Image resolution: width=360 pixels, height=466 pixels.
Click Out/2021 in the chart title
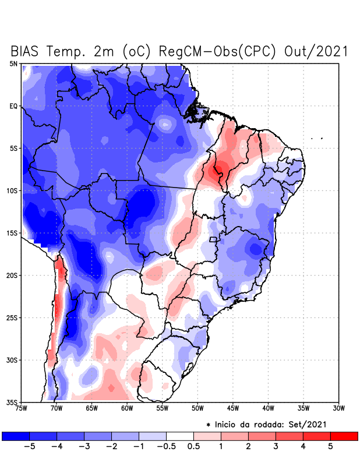click(316, 51)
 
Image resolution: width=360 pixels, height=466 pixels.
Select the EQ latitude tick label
click(13, 106)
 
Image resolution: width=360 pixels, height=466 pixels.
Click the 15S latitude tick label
click(12, 233)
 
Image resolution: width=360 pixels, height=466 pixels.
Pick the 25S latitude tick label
click(12, 317)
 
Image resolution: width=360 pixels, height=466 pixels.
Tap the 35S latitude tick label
click(12, 402)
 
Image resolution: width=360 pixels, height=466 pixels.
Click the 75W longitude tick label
click(21, 408)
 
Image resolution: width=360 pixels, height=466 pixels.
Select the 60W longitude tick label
click(127, 408)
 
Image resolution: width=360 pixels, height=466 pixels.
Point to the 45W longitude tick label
click(233, 408)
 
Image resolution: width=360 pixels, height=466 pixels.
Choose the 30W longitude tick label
click(338, 408)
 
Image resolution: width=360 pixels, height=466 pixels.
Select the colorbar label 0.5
click(193, 446)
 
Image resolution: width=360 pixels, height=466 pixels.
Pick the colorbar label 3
click(276, 446)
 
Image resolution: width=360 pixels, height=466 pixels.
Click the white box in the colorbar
click(179, 436)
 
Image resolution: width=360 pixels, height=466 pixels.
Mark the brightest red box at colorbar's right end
click(344, 436)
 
